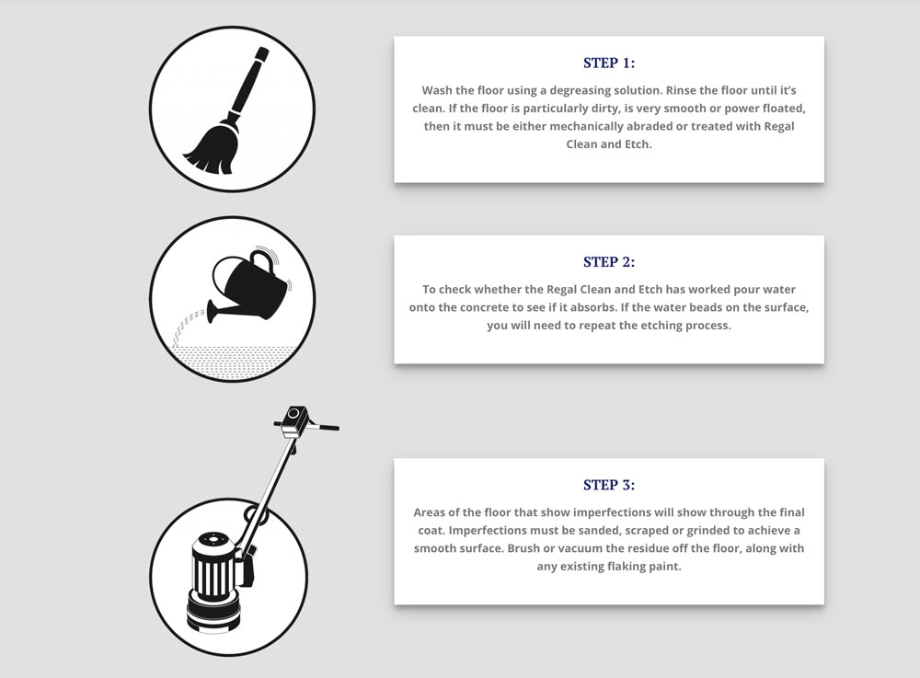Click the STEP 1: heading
pyautogui.click(x=609, y=63)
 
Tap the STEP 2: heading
pyautogui.click(x=609, y=261)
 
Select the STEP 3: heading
pyautogui.click(x=609, y=485)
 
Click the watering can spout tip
pyautogui.click(x=210, y=311)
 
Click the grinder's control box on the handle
pyautogui.click(x=294, y=420)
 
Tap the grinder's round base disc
pyautogui.click(x=213, y=615)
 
